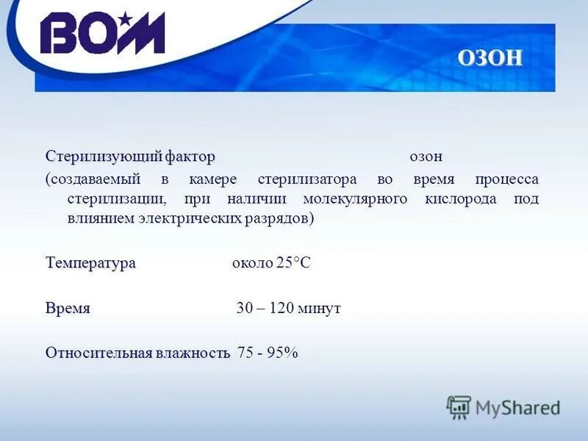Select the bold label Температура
pos(90,263)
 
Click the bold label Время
pos(68,308)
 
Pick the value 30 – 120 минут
pos(288,309)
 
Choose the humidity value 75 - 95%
pos(268,353)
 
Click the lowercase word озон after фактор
pos(426,157)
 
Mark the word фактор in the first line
pos(190,157)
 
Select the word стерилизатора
pos(307,179)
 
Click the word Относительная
pos(97,353)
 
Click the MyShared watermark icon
pos(459,406)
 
